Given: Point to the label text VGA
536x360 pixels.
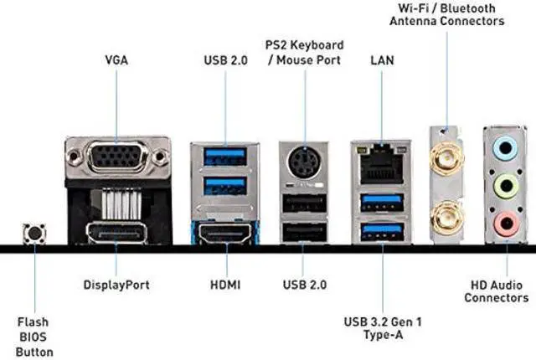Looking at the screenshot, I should coord(116,59).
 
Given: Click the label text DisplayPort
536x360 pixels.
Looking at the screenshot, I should coord(116,285).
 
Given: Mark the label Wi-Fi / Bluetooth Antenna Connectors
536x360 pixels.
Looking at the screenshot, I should coord(447,14).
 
